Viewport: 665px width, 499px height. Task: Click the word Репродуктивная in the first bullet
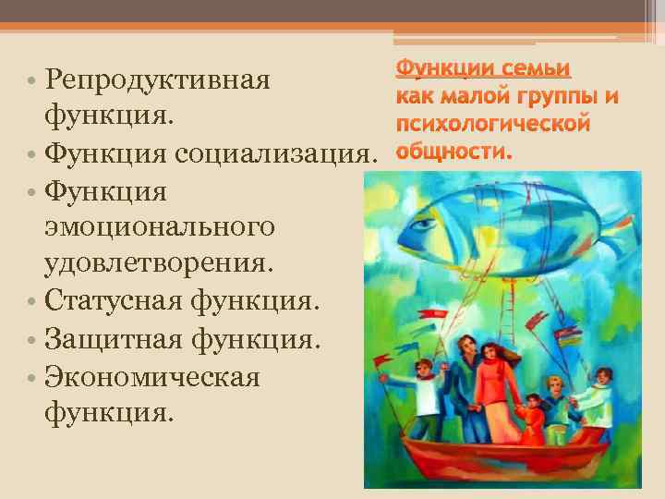pyautogui.click(x=156, y=81)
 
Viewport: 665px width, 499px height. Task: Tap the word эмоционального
pyautogui.click(x=159, y=227)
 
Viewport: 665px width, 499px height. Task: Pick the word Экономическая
pyautogui.click(x=151, y=375)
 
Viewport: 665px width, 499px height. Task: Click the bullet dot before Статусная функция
pyautogui.click(x=31, y=302)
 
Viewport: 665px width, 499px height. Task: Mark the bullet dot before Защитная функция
pyautogui.click(x=31, y=339)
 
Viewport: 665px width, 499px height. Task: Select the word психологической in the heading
pyautogui.click(x=492, y=125)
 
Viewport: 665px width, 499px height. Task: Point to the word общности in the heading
pyautogui.click(x=452, y=152)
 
